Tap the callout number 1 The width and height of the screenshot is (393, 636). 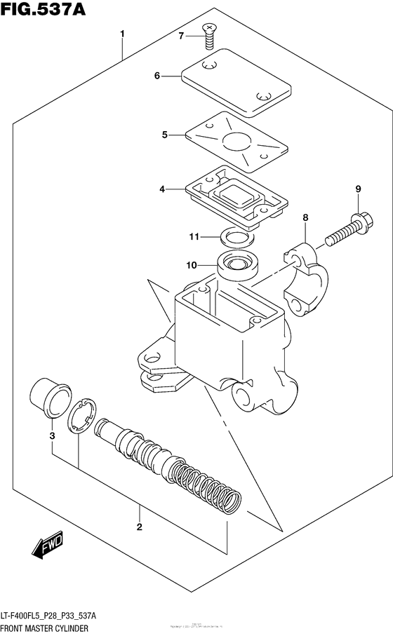coord(122,34)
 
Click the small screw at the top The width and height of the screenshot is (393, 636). coord(208,35)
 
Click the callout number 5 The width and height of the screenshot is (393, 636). coord(164,134)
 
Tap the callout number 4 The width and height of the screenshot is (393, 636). coord(162,189)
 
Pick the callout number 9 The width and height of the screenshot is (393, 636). coord(357,189)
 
